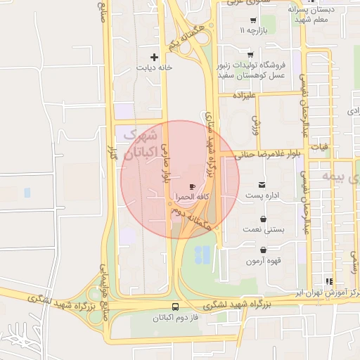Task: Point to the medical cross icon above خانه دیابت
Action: pyautogui.click(x=155, y=56)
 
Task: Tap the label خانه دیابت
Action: pyautogui.click(x=155, y=68)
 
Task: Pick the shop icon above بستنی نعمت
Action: pyautogui.click(x=263, y=219)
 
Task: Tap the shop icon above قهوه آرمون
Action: pyautogui.click(x=263, y=250)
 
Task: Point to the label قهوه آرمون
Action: pyautogui.click(x=263, y=261)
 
